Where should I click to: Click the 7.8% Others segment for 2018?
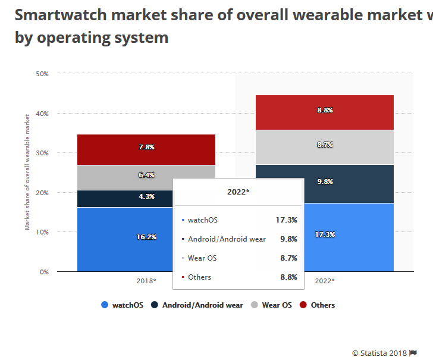pyautogui.click(x=146, y=147)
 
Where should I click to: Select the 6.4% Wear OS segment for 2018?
pyautogui.click(x=146, y=175)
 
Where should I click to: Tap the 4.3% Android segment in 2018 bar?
pyautogui.click(x=146, y=196)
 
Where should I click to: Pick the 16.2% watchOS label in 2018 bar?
pyautogui.click(x=146, y=237)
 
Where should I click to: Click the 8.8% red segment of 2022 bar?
pyautogui.click(x=325, y=111)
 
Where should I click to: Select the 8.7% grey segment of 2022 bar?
pyautogui.click(x=325, y=145)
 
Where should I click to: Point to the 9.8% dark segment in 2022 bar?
pyautogui.click(x=325, y=181)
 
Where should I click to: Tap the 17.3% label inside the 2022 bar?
pyautogui.click(x=325, y=235)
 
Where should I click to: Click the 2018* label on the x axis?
pyautogui.click(x=146, y=281)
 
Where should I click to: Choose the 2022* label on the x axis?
pyautogui.click(x=325, y=281)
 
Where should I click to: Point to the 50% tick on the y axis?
pyautogui.click(x=42, y=74)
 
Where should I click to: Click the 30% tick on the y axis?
pyautogui.click(x=42, y=153)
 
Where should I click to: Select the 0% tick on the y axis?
pyautogui.click(x=43, y=272)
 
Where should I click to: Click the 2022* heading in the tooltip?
pyautogui.click(x=238, y=192)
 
